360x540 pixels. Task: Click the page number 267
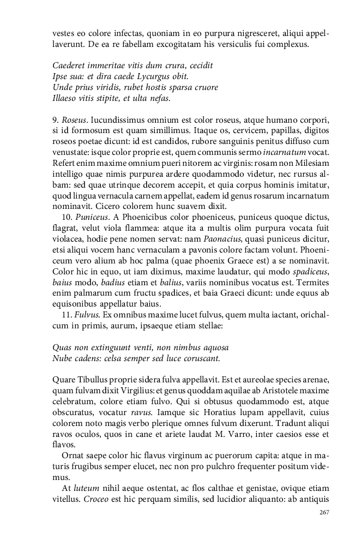coord(323,512)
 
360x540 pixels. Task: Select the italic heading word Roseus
coord(74,119)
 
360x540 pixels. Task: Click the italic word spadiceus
coord(311,272)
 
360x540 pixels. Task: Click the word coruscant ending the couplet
coord(200,358)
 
